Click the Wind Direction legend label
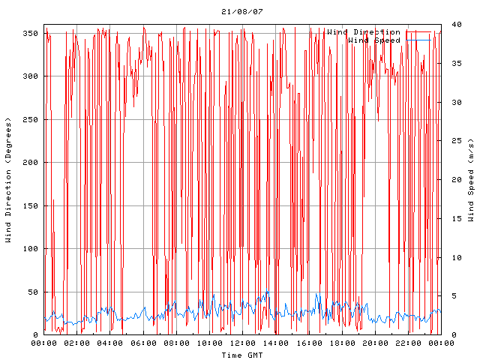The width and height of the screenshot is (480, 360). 363,32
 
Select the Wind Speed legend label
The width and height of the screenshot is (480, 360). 374,40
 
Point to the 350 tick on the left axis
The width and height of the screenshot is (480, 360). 31,33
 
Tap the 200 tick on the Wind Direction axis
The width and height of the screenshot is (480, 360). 31,162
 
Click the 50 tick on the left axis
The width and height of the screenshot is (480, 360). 33,292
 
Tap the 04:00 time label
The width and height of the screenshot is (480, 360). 110,343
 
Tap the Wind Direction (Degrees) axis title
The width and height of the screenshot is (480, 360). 8,180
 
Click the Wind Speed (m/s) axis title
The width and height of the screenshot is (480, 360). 471,180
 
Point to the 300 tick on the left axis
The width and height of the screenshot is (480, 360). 31,76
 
